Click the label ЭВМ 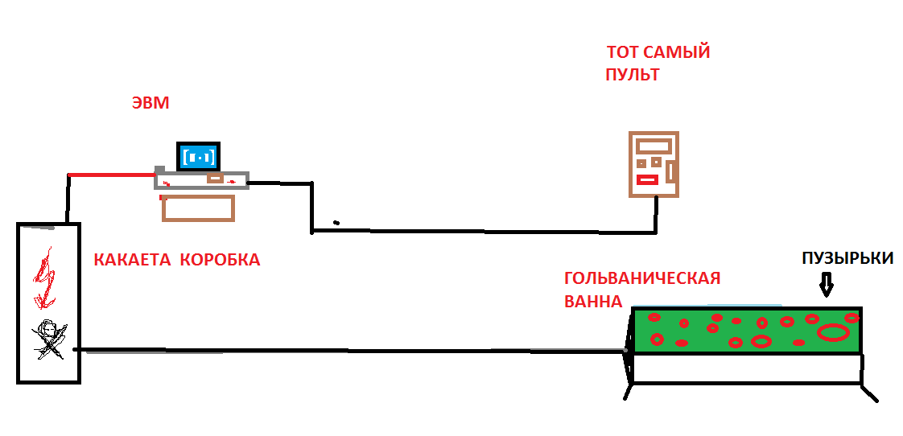tap(150, 104)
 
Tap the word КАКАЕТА tap(133, 260)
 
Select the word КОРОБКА tap(221, 260)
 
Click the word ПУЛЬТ tap(633, 75)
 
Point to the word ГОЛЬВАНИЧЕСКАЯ tap(642, 278)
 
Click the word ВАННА tap(593, 301)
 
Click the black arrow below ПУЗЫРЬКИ tap(827, 285)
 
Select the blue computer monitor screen tap(198, 156)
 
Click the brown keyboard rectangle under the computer tap(198, 208)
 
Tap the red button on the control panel tap(647, 179)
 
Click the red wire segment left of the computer tap(112, 174)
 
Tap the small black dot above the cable tap(336, 222)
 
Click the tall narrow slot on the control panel tap(670, 171)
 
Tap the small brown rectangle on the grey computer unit tap(216, 179)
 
